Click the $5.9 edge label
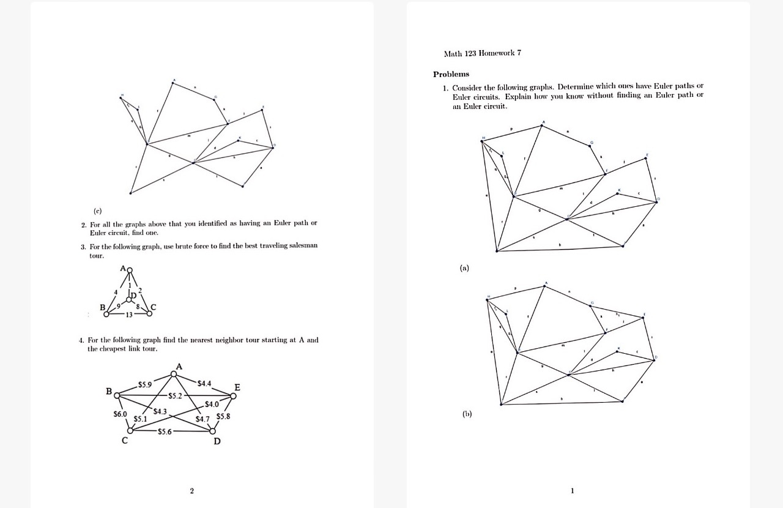point(144,384)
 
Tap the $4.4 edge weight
point(204,383)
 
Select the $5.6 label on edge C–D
point(166,431)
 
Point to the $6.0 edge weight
point(120,414)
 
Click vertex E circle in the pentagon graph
point(233,395)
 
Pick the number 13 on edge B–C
point(129,315)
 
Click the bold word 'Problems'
point(451,74)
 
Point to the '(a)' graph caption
point(465,267)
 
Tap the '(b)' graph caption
point(467,414)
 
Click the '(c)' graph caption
point(97,211)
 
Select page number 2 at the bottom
point(192,490)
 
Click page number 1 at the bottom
point(572,490)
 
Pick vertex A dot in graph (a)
point(543,125)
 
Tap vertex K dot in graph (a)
point(618,195)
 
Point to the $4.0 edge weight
point(212,404)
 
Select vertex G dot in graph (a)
point(591,146)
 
